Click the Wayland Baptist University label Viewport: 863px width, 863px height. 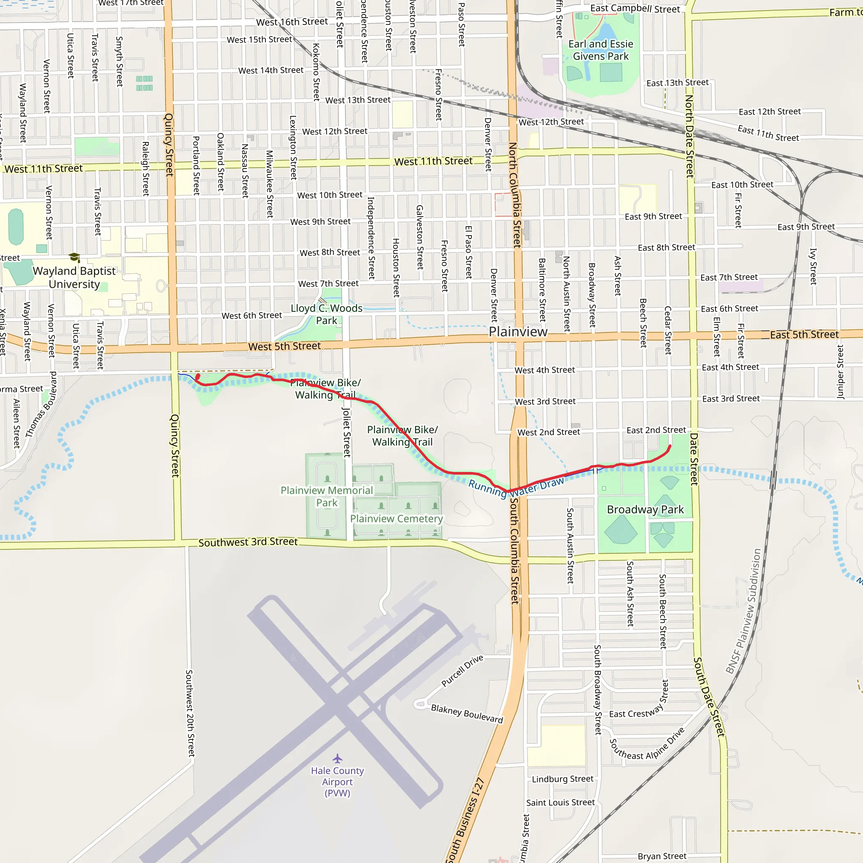(x=74, y=277)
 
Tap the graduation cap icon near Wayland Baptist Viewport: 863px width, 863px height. (x=74, y=257)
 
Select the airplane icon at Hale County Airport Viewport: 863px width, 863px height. (x=337, y=758)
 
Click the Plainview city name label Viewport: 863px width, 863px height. (x=518, y=332)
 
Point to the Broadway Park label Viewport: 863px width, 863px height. (x=645, y=510)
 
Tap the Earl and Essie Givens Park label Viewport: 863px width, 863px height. (x=600, y=50)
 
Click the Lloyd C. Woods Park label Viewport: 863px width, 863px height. (x=327, y=314)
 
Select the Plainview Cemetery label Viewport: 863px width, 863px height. (x=396, y=519)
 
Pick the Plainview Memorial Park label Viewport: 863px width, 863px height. (x=327, y=496)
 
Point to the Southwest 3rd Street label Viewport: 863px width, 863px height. (x=248, y=542)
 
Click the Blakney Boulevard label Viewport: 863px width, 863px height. (x=467, y=714)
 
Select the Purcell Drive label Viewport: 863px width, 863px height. (x=462, y=670)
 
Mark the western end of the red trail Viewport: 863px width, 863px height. (x=198, y=377)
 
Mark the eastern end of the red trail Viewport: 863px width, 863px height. (x=670, y=446)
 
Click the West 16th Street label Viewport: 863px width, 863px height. (x=292, y=22)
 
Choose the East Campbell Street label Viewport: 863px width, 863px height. (x=635, y=8)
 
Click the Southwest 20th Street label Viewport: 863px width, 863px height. (x=190, y=713)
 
